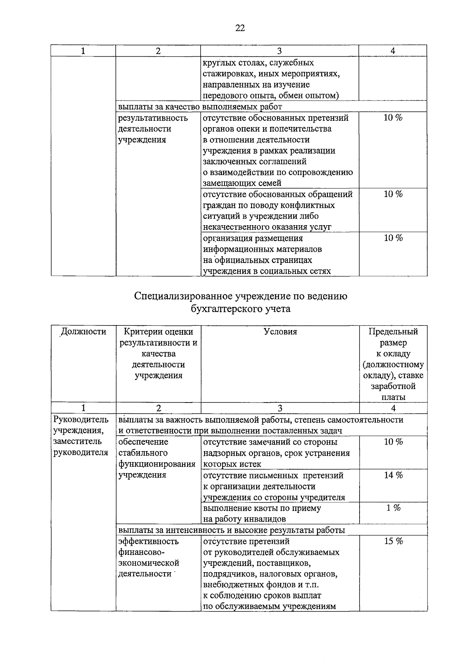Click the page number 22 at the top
point(240,28)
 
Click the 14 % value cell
point(393,475)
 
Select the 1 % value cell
point(393,508)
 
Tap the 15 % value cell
point(393,541)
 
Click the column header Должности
point(84,332)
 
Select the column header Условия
point(280,332)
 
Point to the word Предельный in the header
point(393,332)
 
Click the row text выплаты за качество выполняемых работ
point(200,106)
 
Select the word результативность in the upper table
point(153,118)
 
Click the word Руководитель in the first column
point(81,419)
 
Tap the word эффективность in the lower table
point(149,541)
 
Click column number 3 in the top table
point(279,51)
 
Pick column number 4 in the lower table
point(393,408)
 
